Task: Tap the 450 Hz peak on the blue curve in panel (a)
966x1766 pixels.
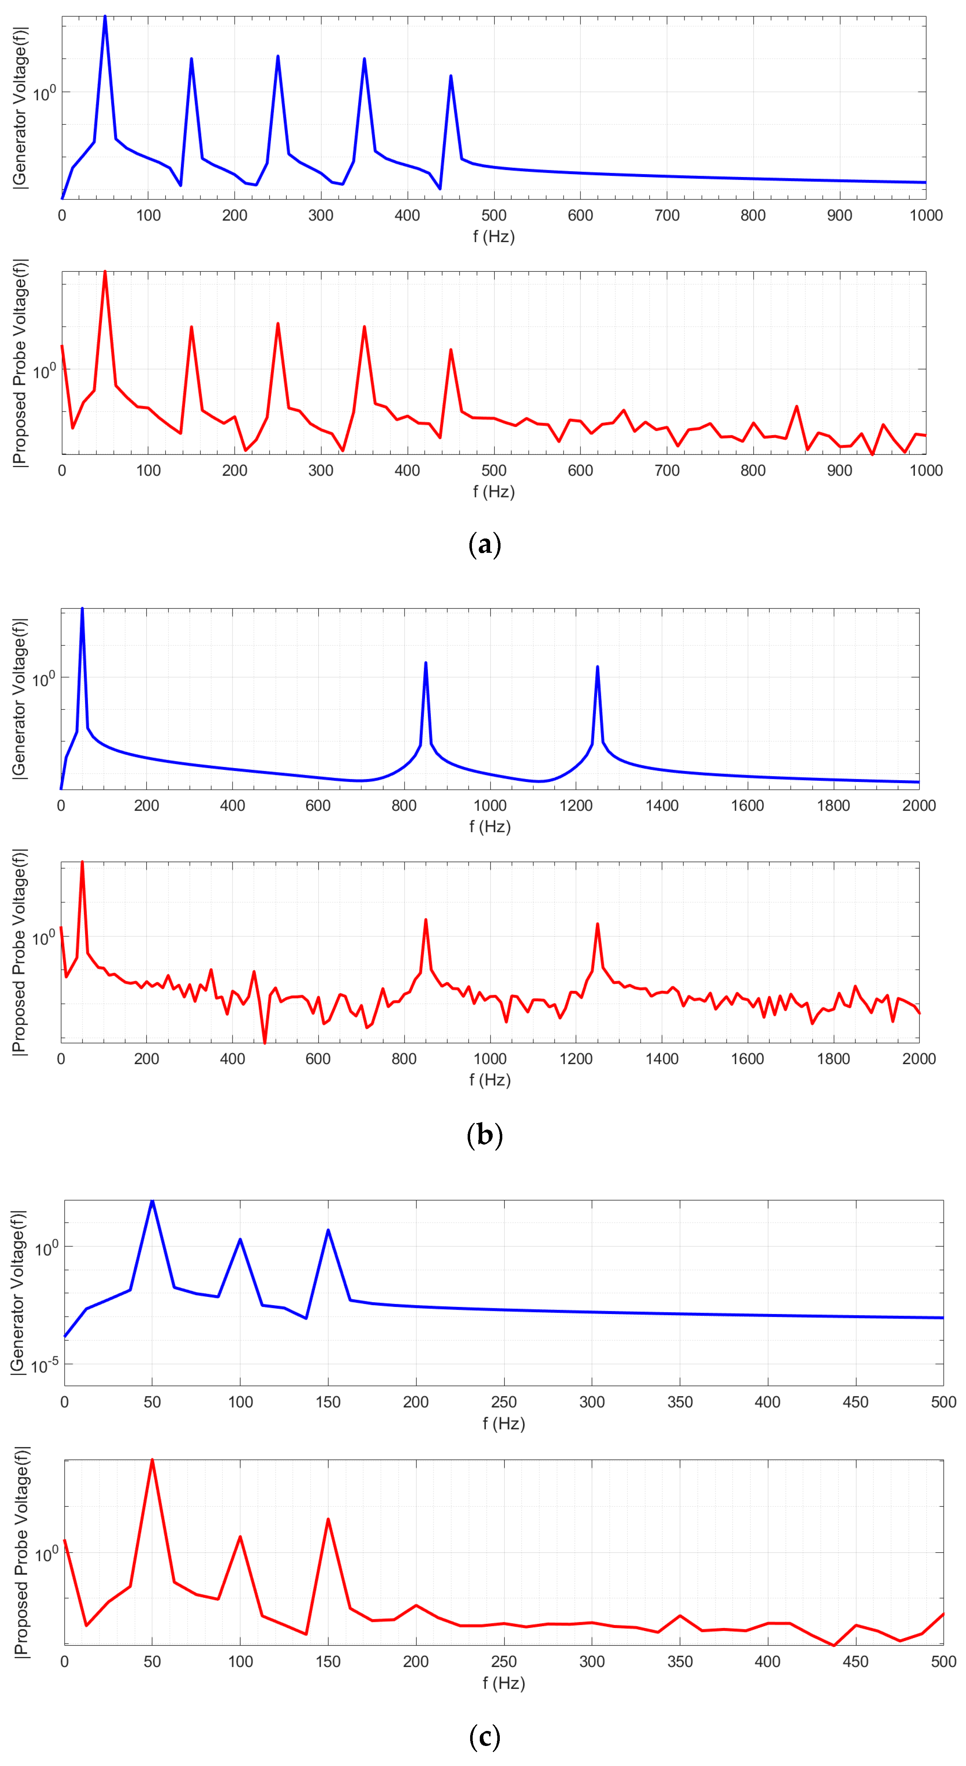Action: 450,76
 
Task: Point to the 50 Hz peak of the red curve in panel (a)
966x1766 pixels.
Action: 105,272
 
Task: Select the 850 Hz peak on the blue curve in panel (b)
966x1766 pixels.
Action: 426,663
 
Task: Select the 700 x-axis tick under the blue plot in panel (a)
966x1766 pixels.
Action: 666,215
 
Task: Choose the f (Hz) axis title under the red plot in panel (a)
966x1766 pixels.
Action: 494,492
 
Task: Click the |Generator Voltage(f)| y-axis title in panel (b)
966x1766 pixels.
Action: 19,698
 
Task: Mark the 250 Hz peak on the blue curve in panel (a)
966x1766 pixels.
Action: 278,56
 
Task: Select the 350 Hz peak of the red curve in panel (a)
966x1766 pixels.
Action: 364,327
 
